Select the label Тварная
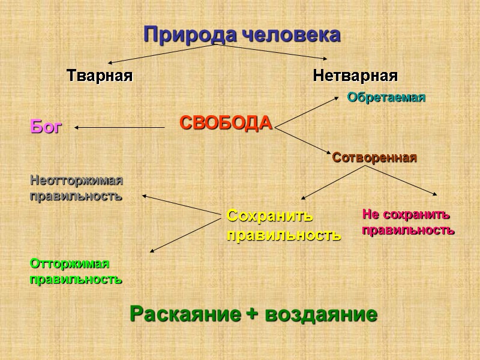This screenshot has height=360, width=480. coord(99,76)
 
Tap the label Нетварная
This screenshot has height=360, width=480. coord(355,76)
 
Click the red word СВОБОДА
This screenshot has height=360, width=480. coord(226,124)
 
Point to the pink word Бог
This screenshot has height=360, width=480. coord(46,127)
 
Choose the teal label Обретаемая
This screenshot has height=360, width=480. coord(386,98)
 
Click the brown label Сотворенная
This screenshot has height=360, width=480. coord(374,158)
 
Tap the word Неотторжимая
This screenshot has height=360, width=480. coord(76,180)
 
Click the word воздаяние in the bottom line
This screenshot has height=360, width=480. coord(321,314)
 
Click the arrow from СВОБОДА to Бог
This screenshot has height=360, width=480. coord(120,127)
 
